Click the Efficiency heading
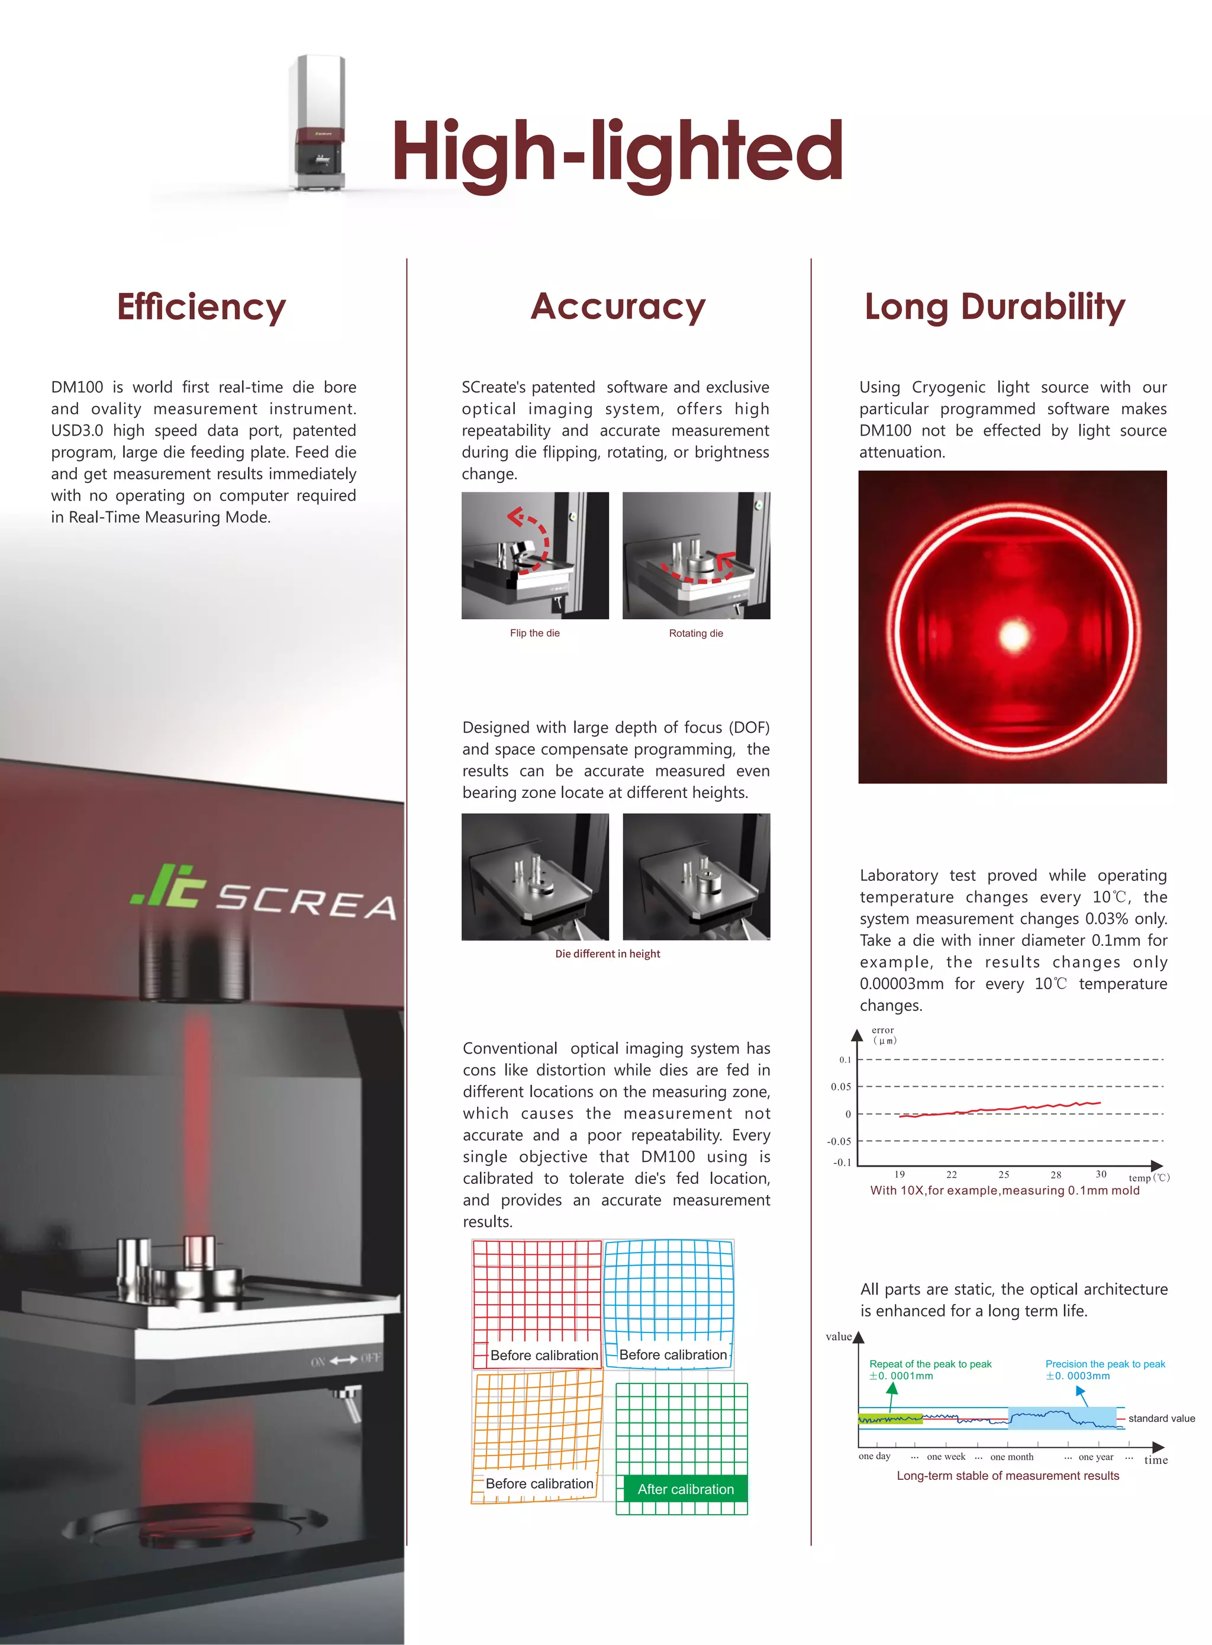click(x=201, y=307)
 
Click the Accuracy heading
click(x=618, y=307)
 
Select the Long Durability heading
click(x=995, y=307)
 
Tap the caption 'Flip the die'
click(x=535, y=633)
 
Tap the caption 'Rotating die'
click(x=695, y=633)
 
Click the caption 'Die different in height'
click(x=607, y=954)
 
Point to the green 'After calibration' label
click(x=685, y=1489)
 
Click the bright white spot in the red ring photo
click(x=1015, y=635)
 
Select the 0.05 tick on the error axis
click(x=841, y=1087)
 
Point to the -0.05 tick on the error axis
click(x=839, y=1141)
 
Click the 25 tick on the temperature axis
click(x=1004, y=1174)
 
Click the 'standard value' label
click(x=1161, y=1418)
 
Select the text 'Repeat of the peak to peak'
click(x=930, y=1364)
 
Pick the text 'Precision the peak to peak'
click(x=1105, y=1364)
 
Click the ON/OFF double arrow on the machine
click(x=343, y=1360)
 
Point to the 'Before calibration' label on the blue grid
click(x=673, y=1354)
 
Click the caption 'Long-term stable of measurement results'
click(x=1008, y=1476)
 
